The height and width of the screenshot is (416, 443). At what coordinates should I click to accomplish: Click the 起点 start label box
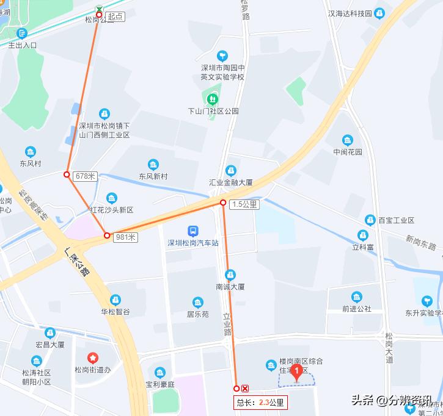pos(115,17)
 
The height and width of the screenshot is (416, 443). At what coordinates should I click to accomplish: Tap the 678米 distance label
pos(85,176)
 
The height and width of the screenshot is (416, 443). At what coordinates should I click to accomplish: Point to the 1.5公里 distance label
pos(244,205)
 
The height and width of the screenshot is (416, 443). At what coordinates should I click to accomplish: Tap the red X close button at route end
pos(245,389)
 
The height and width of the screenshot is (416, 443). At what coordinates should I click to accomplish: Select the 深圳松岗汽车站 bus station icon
pos(192,232)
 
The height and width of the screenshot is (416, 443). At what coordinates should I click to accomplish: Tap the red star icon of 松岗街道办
pos(92,357)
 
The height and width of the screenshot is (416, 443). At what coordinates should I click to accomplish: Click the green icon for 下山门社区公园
pos(213,98)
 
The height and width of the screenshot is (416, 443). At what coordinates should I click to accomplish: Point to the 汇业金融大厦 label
pos(231,182)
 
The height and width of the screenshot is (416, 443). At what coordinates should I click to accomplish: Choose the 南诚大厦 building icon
pos(230,274)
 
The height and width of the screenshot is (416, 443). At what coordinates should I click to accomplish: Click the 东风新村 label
pos(153,176)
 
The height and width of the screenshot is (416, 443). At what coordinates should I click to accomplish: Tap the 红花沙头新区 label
pos(111,210)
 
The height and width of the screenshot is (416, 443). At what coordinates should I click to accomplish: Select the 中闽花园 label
pos(348,152)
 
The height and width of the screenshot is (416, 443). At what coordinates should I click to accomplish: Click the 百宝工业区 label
pos(396,220)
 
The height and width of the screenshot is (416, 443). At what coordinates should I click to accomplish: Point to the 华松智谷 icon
pos(115,300)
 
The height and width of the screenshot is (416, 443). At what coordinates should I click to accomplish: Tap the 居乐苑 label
pos(197,314)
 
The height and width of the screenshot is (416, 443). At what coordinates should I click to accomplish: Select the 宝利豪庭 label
pos(159,384)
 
